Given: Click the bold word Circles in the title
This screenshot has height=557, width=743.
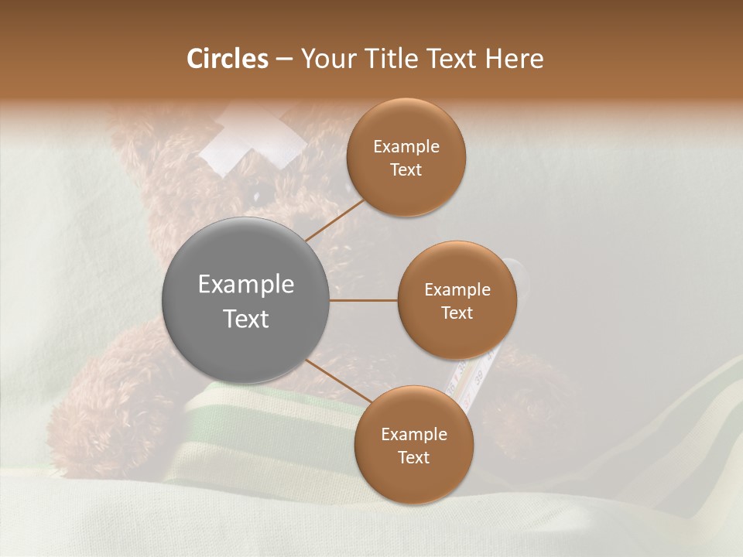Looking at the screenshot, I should (x=227, y=59).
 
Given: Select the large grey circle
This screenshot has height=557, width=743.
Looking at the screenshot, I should (x=246, y=300).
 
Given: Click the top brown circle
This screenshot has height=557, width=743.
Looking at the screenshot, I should (x=406, y=158).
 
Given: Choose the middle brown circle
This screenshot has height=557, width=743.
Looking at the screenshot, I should (x=457, y=300).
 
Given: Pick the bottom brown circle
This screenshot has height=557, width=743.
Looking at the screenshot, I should (x=413, y=445).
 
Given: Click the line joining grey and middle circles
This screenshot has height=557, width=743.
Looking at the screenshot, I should (x=364, y=300).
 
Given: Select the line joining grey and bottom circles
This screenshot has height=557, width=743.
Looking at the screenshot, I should (x=337, y=382).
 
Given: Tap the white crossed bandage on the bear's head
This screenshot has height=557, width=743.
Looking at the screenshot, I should (x=252, y=140).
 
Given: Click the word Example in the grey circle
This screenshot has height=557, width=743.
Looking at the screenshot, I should (x=246, y=284).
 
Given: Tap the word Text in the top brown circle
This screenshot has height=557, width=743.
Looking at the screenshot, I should (x=406, y=170).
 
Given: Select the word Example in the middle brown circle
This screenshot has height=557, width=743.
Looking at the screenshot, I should (x=457, y=289).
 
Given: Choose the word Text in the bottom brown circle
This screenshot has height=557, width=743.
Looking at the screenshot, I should (x=413, y=457).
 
